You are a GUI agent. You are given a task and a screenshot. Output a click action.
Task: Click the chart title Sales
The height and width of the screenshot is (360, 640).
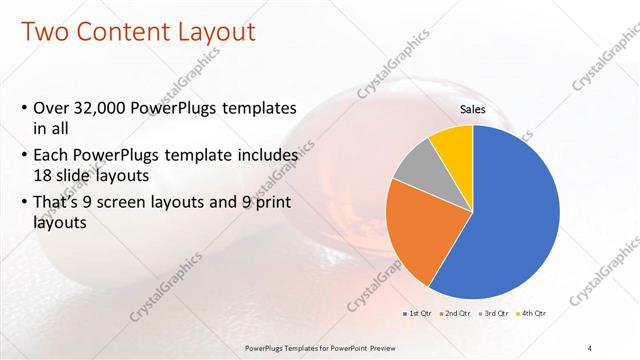[473, 109]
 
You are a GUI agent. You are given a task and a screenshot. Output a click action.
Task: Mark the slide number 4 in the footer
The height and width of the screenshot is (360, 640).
[589, 347]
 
